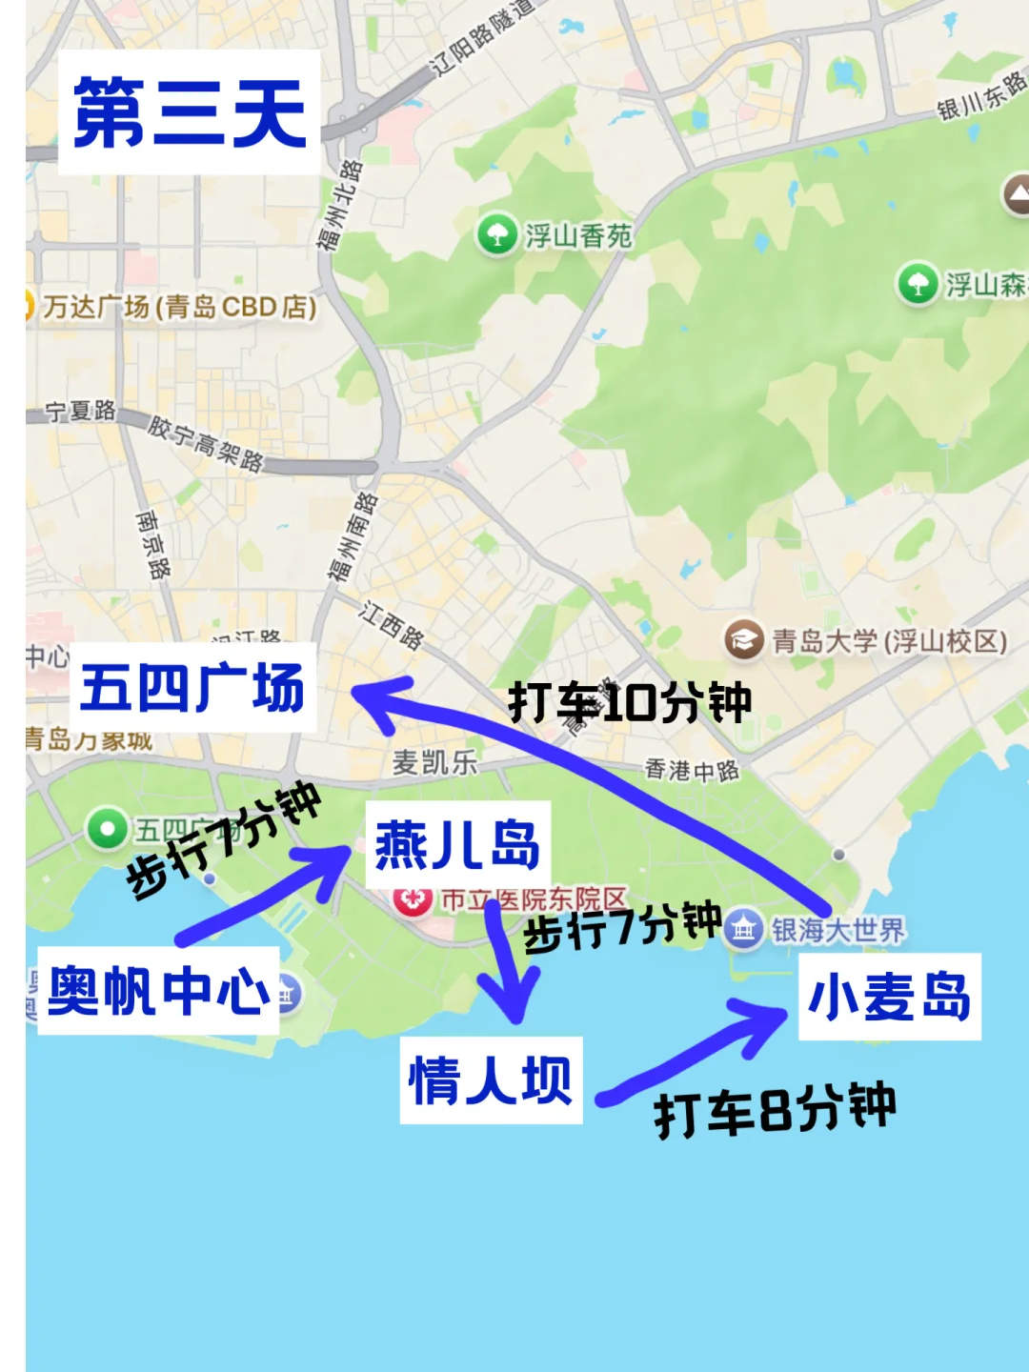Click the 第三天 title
[190, 112]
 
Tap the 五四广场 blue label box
[192, 688]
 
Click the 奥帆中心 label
[158, 991]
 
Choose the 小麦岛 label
[889, 997]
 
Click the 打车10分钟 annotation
[630, 703]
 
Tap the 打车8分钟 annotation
[775, 1110]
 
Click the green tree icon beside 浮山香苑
[496, 234]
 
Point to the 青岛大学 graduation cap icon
[742, 639]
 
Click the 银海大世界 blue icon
[742, 929]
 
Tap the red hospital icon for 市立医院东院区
[414, 898]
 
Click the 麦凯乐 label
[434, 762]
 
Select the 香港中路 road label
[692, 770]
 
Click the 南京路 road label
[152, 544]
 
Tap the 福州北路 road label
[339, 205]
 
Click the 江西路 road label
[392, 625]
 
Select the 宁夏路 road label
[81, 411]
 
